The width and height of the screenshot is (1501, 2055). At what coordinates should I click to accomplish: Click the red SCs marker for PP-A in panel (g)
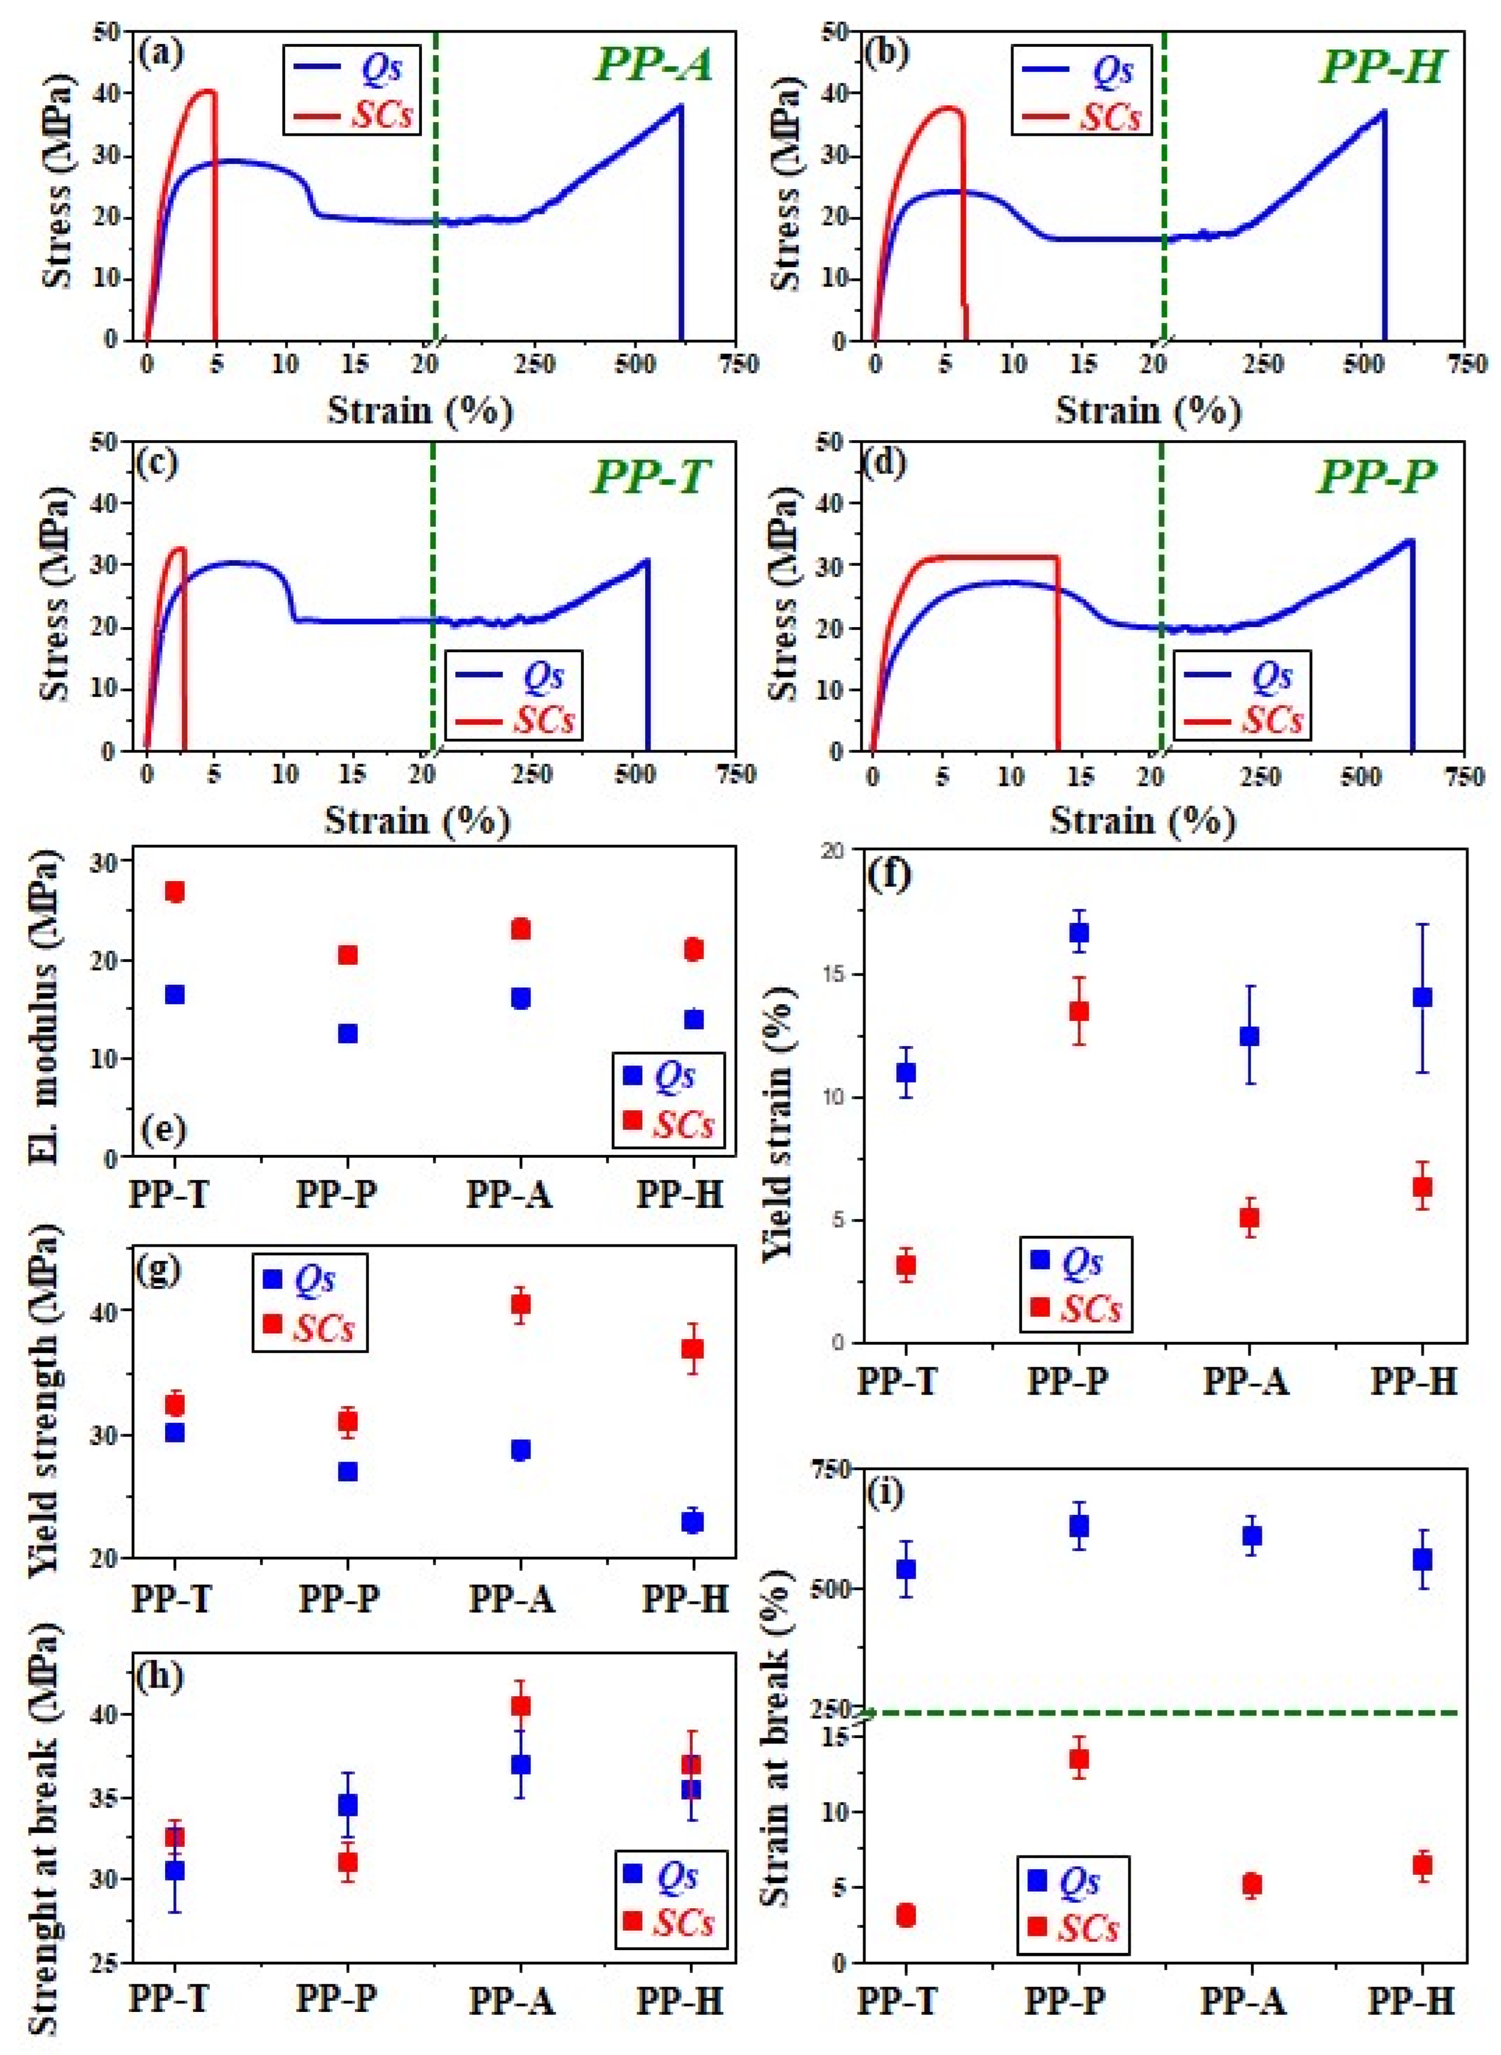521,1305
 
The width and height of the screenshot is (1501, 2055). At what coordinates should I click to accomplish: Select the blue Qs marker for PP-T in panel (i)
906,1569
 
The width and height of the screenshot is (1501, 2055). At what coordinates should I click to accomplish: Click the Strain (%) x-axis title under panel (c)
418,820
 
